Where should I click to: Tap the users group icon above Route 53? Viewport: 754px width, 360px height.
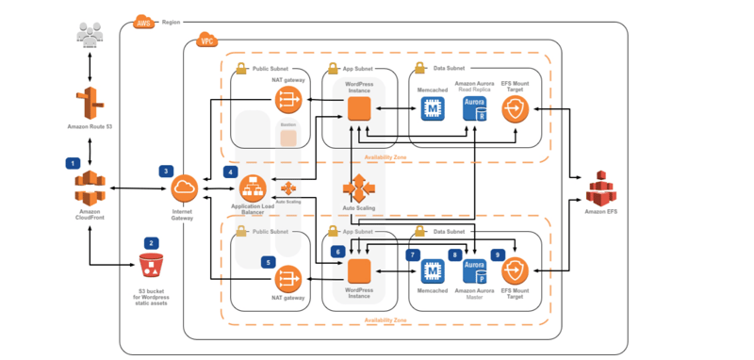point(90,37)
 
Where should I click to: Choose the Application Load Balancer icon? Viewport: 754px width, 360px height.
point(251,188)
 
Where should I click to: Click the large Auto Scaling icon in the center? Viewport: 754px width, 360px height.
point(359,188)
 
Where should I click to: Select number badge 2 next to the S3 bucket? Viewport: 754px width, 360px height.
point(150,242)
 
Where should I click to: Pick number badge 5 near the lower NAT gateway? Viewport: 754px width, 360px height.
point(268,262)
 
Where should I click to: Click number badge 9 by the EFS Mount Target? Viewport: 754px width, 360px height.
point(497,254)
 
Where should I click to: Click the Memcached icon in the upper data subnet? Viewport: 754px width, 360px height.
point(432,110)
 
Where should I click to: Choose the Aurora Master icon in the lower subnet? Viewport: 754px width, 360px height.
point(474,272)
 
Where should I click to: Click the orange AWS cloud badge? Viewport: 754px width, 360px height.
point(144,21)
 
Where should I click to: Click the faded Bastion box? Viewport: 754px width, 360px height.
point(288,138)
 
